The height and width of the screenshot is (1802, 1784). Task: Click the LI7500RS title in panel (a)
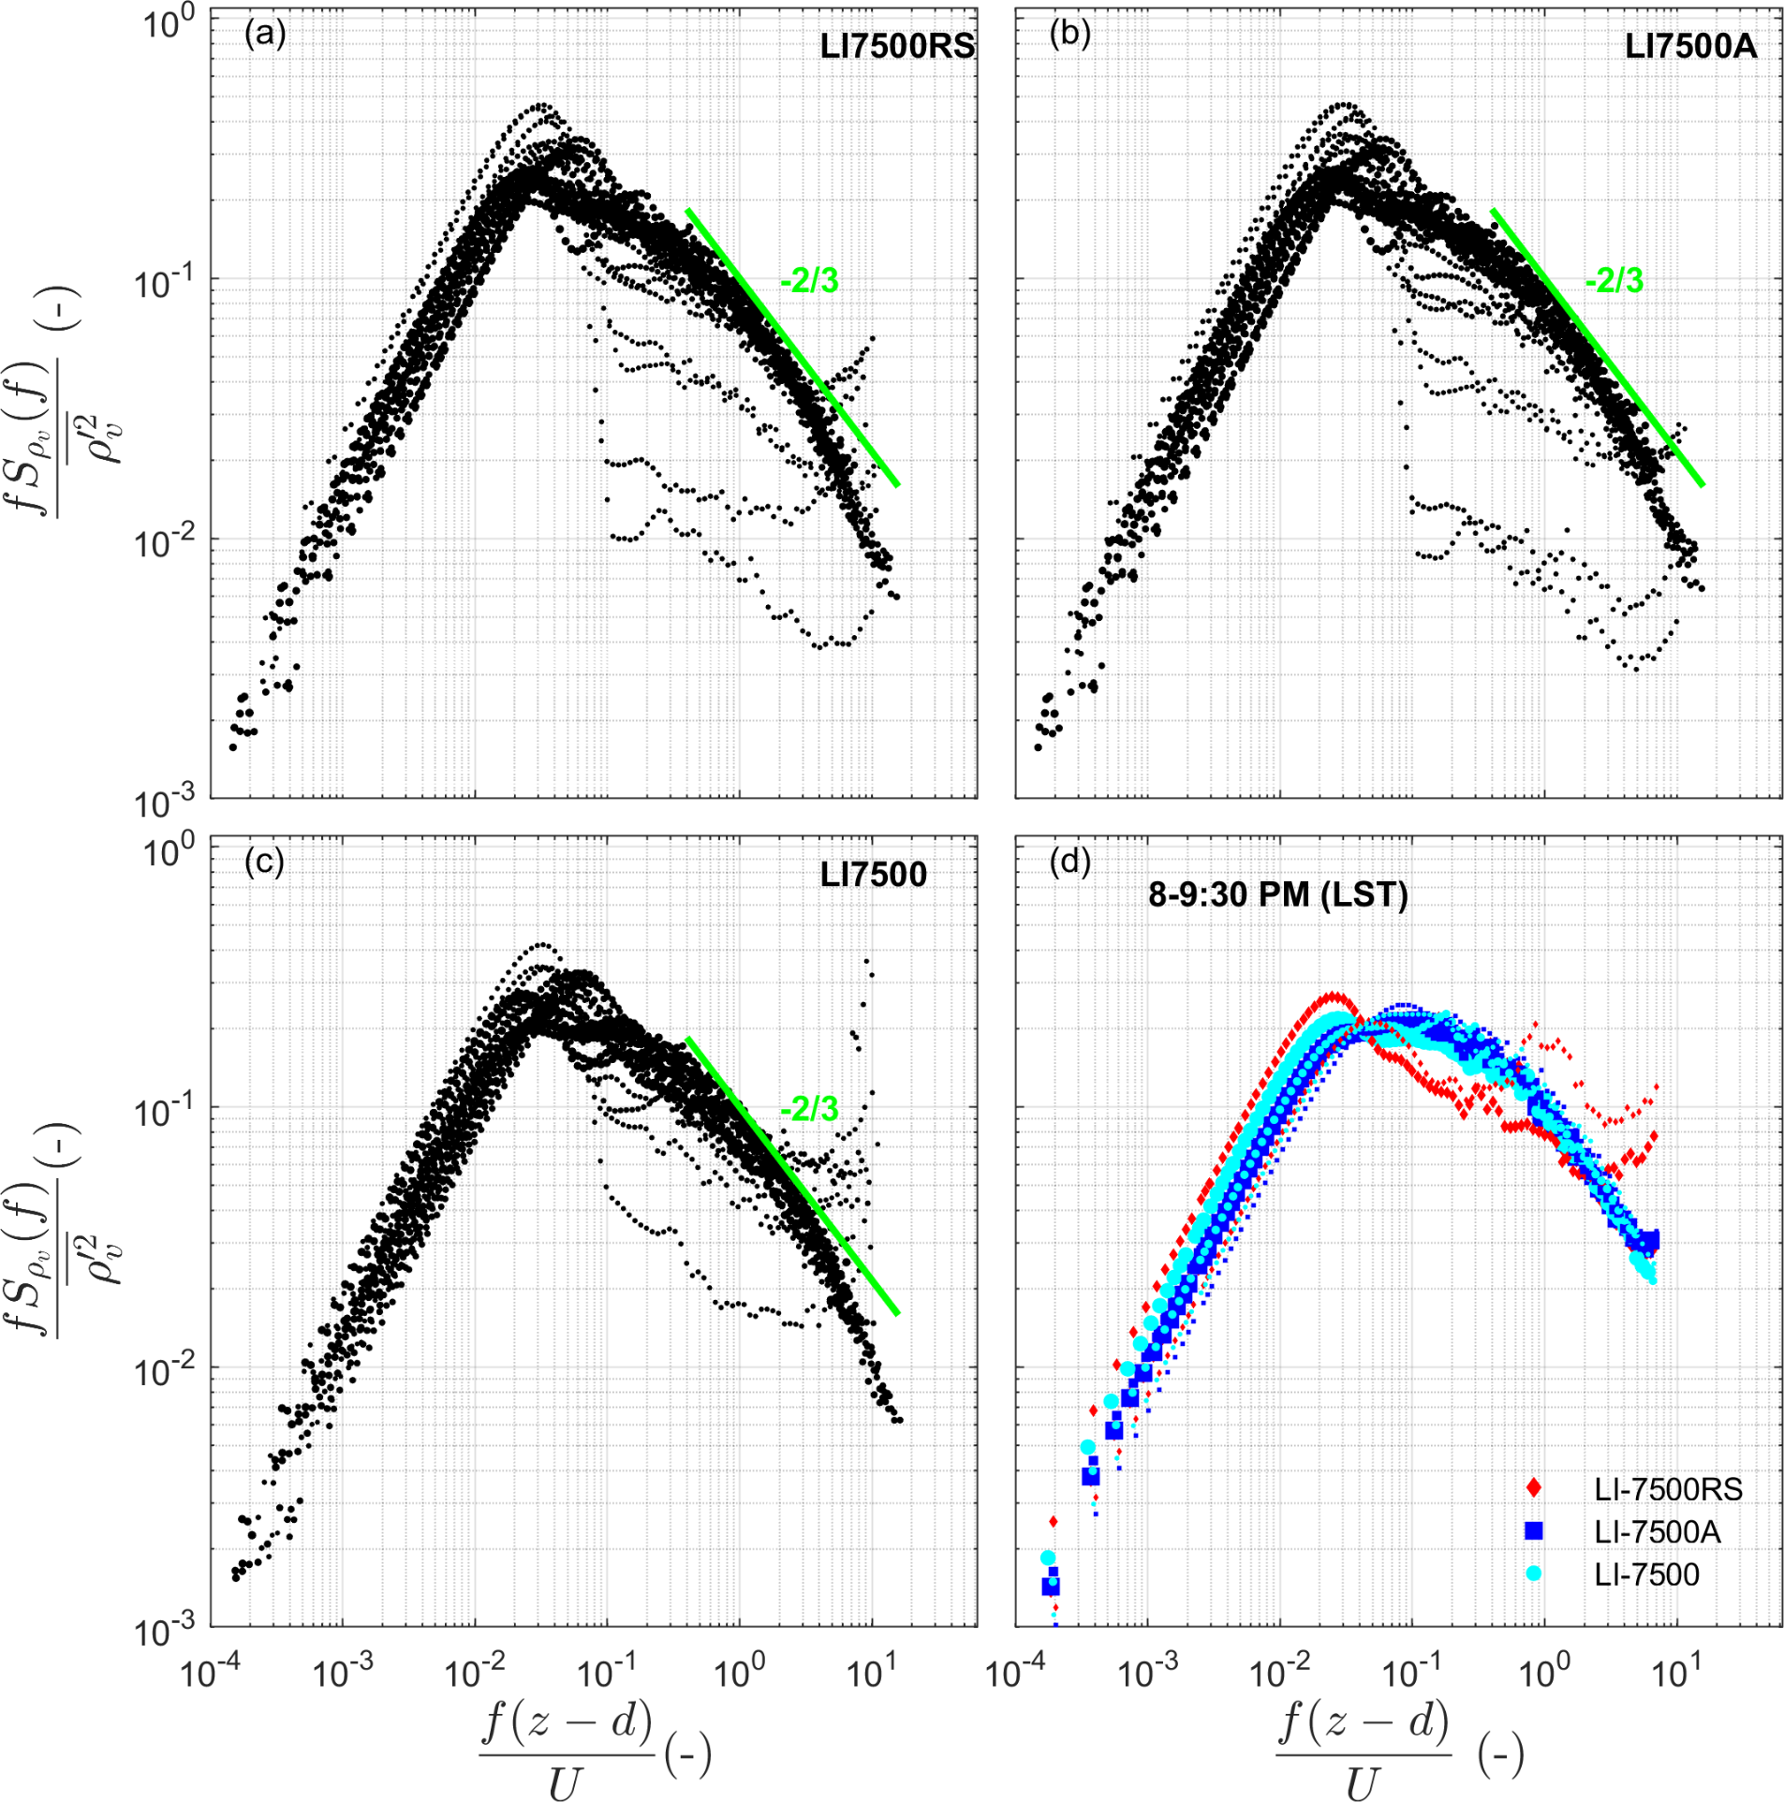(x=896, y=46)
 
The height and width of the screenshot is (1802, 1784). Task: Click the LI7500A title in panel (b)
(x=1689, y=46)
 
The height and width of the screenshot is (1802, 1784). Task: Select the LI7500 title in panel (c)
(x=873, y=875)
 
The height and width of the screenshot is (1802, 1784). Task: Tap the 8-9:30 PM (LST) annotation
(x=1278, y=895)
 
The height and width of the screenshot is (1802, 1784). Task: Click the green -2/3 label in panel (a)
(x=809, y=280)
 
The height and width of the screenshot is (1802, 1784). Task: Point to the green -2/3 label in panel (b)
(x=1614, y=280)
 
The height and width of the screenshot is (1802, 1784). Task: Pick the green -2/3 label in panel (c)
(x=809, y=1110)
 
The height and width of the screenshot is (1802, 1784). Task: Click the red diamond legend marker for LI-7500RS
(x=1534, y=1488)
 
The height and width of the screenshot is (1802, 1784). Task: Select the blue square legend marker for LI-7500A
(x=1534, y=1531)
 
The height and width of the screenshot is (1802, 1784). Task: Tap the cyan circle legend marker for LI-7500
(x=1534, y=1573)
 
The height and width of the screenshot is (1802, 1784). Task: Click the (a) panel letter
(x=265, y=35)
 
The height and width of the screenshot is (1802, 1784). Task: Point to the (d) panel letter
(x=1069, y=862)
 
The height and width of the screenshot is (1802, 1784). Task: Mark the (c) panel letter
(x=264, y=862)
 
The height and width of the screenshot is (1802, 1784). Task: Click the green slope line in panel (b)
(x=1597, y=347)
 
